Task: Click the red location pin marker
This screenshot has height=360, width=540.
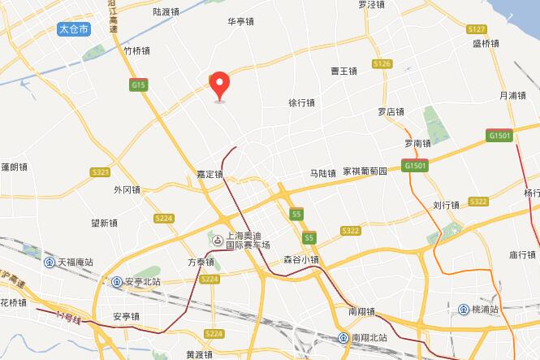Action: pos(219,85)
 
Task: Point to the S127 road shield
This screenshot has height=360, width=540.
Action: pos(477,28)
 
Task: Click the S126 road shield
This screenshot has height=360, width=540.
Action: pos(382,63)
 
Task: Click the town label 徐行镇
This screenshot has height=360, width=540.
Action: pos(301,103)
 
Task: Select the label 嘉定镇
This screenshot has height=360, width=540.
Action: pos(210,174)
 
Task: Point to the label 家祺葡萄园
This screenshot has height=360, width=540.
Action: pos(365,172)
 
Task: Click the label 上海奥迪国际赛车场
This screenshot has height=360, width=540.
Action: pos(247,240)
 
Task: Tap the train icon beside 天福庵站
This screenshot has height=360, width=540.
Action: pos(49,262)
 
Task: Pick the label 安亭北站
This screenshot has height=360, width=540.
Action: pos(143,282)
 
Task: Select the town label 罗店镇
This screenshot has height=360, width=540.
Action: pos(391,111)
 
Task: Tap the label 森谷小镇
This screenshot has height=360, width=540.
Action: pos(300,260)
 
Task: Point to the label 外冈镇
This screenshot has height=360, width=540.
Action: pos(127,190)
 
